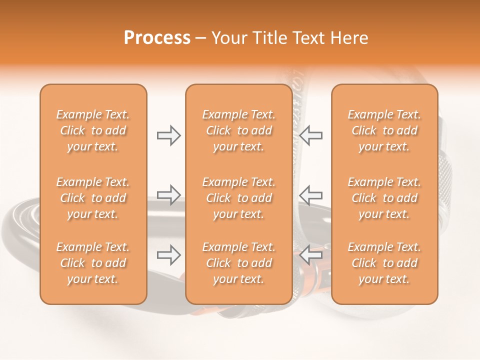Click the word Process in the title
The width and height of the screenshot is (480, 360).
[x=157, y=38]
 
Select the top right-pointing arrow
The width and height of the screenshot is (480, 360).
[x=168, y=135]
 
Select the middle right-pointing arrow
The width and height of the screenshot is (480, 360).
[x=168, y=194]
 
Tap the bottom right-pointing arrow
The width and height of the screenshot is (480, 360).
[x=168, y=255]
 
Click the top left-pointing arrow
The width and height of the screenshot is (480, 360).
[x=311, y=135]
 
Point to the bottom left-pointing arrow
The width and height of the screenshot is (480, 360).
[x=311, y=255]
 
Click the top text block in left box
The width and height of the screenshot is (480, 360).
[x=93, y=130]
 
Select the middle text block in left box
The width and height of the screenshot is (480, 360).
[x=93, y=198]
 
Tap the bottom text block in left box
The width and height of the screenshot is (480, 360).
[x=93, y=263]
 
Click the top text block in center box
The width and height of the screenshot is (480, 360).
[x=238, y=130]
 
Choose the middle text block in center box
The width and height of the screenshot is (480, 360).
[x=238, y=198]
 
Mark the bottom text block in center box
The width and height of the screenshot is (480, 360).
[x=238, y=263]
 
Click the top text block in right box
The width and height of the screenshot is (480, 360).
[x=384, y=130]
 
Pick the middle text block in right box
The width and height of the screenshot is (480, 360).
[x=384, y=198]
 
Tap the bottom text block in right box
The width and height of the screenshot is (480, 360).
[x=384, y=263]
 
